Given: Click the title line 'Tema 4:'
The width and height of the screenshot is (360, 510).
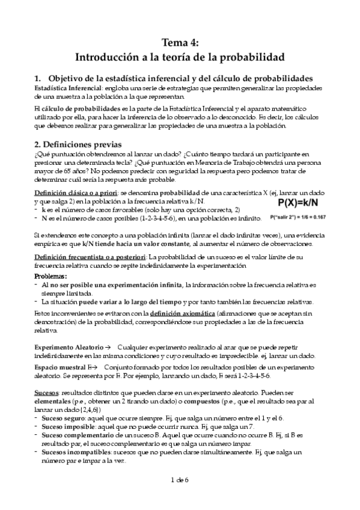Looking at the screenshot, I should pos(180,41).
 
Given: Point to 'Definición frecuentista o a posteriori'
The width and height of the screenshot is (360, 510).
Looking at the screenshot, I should pos(93,257).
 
